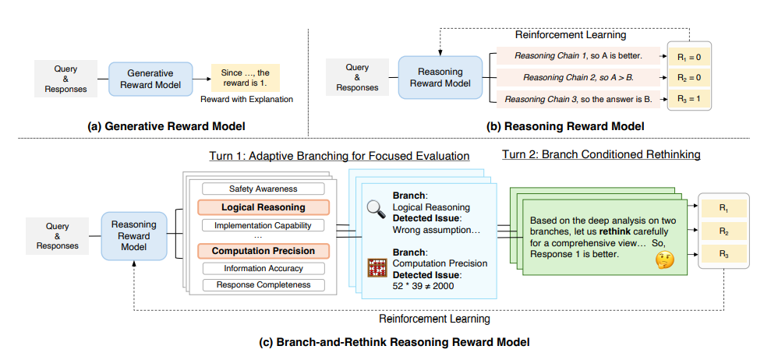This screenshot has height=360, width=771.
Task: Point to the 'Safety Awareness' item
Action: point(263,189)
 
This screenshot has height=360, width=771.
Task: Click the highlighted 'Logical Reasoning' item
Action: point(263,207)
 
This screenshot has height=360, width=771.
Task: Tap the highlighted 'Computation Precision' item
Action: point(263,251)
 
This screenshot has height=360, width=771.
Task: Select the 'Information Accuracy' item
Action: point(263,269)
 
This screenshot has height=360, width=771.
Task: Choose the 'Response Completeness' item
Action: point(263,285)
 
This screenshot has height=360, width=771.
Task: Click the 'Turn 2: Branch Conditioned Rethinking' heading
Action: point(601,154)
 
